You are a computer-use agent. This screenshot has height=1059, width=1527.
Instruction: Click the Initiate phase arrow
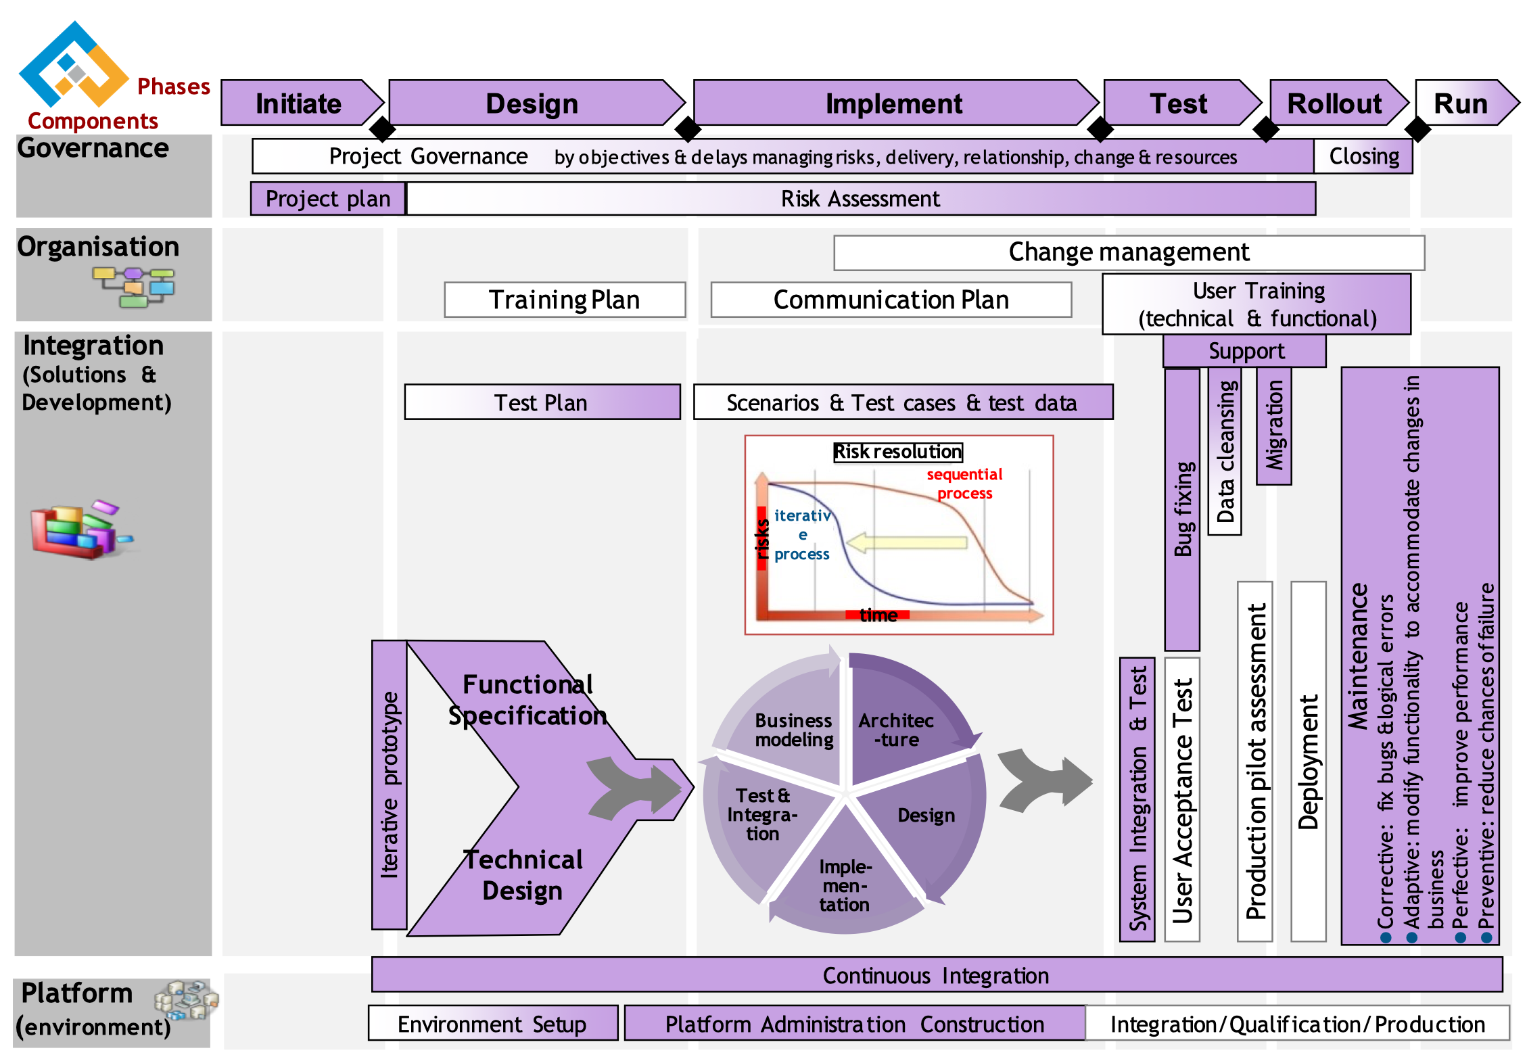click(299, 103)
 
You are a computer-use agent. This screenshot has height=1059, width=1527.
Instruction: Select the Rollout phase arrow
click(1334, 103)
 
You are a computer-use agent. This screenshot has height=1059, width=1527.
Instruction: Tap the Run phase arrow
click(1461, 103)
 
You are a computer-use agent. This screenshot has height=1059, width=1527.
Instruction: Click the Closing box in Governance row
click(1363, 156)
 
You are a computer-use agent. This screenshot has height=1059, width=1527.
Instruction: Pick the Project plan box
click(328, 199)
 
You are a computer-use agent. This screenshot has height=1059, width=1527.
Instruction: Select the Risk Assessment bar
click(860, 199)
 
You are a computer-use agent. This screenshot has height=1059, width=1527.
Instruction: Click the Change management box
click(1129, 252)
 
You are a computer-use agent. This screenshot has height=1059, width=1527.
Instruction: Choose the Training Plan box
click(565, 300)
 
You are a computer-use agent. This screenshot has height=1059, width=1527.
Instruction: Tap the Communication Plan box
click(891, 300)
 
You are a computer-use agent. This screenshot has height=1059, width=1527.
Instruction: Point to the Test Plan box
click(542, 402)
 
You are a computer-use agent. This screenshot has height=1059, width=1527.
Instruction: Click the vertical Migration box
click(1274, 425)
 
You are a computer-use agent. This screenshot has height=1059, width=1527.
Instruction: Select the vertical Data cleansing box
click(1225, 451)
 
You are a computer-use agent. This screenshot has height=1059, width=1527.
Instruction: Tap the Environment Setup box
click(492, 1024)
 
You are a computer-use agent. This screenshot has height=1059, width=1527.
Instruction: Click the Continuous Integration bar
click(936, 975)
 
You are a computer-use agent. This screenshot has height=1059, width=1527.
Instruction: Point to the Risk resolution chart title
click(897, 451)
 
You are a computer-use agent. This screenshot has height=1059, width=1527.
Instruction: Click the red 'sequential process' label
click(964, 484)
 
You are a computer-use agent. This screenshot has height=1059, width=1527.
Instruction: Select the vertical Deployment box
click(1309, 761)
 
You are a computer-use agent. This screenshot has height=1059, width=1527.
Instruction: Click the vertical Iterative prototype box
click(390, 784)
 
